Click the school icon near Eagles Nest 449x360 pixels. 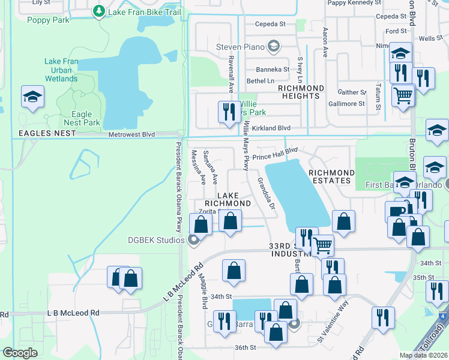[x=32, y=97]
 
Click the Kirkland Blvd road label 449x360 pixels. [x=271, y=128]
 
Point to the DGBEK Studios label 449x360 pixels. [x=155, y=241]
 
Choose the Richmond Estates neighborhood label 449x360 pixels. [x=330, y=176]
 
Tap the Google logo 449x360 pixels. [x=20, y=353]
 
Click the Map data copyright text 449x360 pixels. [x=423, y=355]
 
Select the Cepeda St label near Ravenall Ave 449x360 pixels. [x=270, y=24]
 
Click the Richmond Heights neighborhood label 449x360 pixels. [x=301, y=92]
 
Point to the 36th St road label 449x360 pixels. [x=246, y=347]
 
